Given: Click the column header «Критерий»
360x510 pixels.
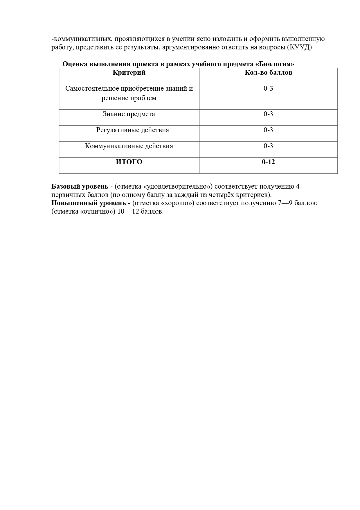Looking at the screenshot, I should tap(129, 73).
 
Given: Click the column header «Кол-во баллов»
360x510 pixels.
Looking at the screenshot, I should tap(268, 73).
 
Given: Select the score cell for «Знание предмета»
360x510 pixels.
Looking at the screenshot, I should tap(268, 114).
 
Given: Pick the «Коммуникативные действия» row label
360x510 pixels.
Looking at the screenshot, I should tap(129, 146).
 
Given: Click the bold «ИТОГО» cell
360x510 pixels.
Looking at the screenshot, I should tap(129, 162).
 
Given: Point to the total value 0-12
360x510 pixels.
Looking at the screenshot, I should tap(268, 162).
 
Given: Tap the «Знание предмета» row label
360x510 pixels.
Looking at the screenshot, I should tap(129, 114).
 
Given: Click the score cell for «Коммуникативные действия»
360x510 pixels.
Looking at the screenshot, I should tap(268, 146).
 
